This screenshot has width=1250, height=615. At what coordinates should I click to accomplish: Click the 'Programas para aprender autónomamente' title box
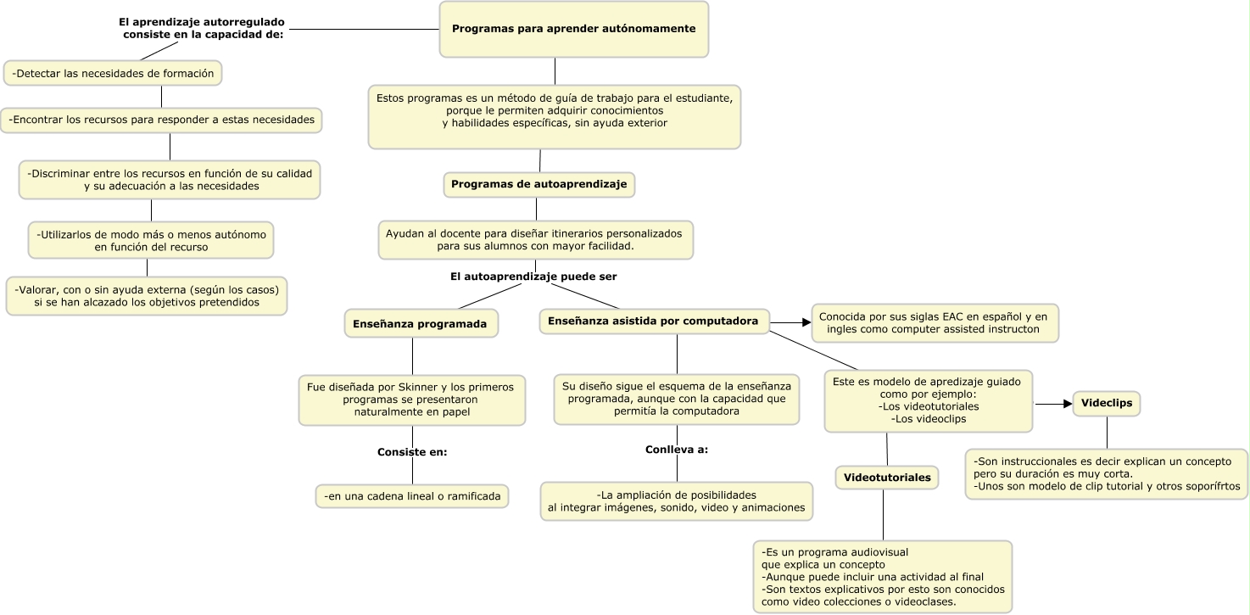coord(574,29)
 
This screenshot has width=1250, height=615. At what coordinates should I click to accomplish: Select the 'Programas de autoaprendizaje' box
coord(539,184)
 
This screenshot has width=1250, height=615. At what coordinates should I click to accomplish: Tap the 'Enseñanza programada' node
coord(420,323)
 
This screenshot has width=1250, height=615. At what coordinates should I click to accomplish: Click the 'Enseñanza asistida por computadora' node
coord(653,321)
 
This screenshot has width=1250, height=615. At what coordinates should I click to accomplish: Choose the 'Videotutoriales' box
coord(887,478)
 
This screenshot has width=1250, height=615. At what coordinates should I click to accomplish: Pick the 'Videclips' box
coord(1107,404)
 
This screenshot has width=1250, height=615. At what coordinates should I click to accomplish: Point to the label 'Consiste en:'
coord(412,452)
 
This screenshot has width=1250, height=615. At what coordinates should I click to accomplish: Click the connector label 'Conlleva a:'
coord(676,449)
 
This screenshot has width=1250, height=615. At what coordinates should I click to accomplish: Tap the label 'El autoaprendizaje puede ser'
coord(533,277)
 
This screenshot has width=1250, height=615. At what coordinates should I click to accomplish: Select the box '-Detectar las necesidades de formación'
coord(113,74)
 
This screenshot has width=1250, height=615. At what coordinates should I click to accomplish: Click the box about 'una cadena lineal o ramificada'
coord(412,495)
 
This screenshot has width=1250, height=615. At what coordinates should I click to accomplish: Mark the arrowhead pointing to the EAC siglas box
coord(806,322)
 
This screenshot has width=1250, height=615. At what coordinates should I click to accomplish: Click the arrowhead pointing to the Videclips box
coord(1068,405)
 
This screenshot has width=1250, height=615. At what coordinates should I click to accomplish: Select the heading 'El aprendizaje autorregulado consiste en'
coord(203,28)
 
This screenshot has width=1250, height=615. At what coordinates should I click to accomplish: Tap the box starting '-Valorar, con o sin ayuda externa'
coord(147,295)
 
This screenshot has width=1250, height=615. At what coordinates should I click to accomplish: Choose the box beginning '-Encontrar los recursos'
coord(161,120)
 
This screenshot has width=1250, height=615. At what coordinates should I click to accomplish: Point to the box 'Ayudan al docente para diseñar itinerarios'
coord(535,239)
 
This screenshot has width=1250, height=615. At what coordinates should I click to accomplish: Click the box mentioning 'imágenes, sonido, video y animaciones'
coord(676,500)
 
